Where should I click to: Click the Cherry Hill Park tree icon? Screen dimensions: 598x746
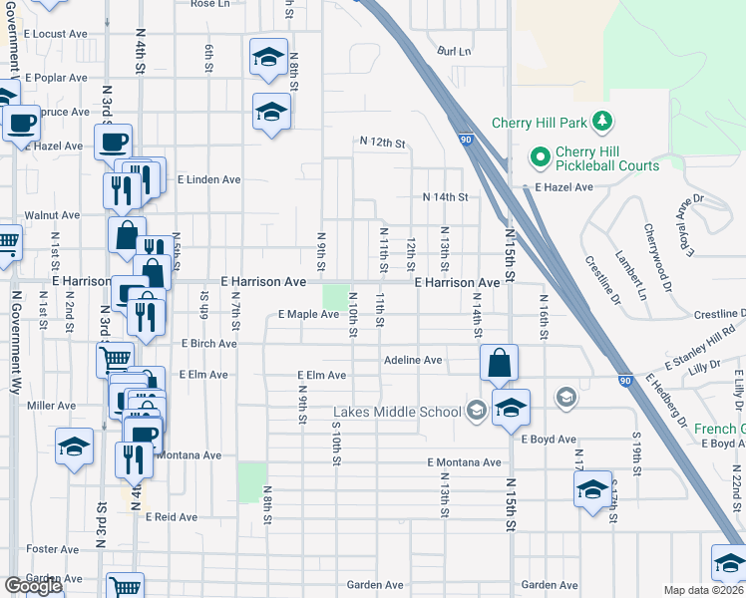pos(601,122)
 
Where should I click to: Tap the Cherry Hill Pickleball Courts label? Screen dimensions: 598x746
pos(607,158)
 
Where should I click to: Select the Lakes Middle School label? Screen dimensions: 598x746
pos(397,412)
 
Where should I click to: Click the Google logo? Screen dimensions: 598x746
pos(33,586)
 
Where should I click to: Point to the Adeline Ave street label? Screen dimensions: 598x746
pos(413,360)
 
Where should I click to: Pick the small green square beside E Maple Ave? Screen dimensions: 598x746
pos(335,297)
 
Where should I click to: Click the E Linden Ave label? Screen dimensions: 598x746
pos(209,180)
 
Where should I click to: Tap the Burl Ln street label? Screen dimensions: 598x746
pos(453,50)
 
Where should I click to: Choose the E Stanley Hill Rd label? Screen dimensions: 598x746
pos(703,346)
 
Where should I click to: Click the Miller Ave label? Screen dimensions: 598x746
pos(52,406)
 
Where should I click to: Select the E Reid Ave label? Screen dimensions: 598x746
pos(172,517)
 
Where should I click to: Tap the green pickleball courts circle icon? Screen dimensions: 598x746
pos(540,157)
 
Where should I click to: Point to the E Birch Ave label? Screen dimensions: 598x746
pos(208,344)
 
